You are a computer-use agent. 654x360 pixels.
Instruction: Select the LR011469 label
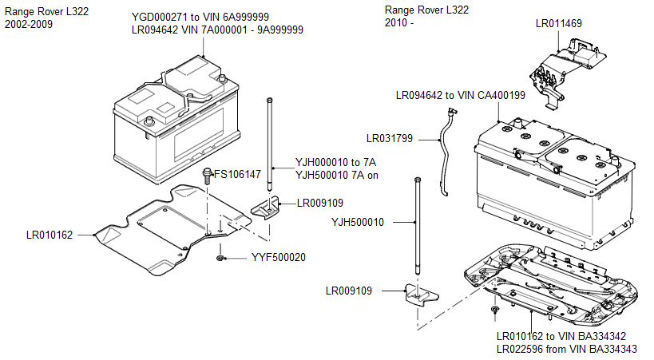[x=559, y=24]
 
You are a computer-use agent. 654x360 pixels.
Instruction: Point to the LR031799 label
[x=390, y=138]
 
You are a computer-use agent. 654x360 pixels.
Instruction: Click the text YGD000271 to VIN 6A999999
[x=200, y=17]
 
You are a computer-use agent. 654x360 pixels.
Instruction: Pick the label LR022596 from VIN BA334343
[x=573, y=349]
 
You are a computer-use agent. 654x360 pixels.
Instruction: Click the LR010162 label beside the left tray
[x=50, y=235]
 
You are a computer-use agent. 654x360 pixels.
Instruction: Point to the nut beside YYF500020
[x=220, y=259]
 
